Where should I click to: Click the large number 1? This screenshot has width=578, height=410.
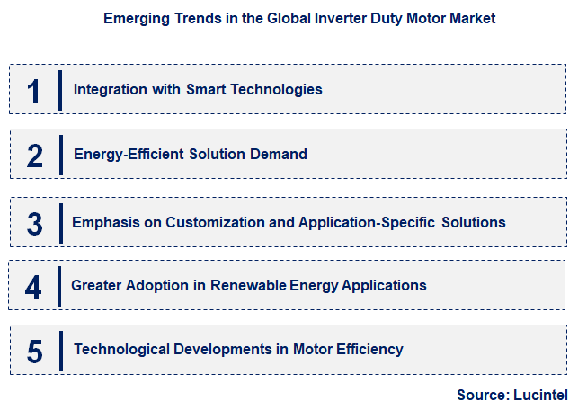[x=34, y=90]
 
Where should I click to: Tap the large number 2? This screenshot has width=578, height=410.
[x=35, y=156]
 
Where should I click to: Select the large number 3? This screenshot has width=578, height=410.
[x=35, y=223]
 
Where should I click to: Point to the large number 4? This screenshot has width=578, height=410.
[x=34, y=287]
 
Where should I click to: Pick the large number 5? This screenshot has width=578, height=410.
[x=35, y=351]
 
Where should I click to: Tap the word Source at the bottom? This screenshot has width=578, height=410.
[x=482, y=395]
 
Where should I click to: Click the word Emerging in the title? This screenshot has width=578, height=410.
[x=133, y=17]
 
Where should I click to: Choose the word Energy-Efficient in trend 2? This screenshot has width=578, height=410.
[x=129, y=155]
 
